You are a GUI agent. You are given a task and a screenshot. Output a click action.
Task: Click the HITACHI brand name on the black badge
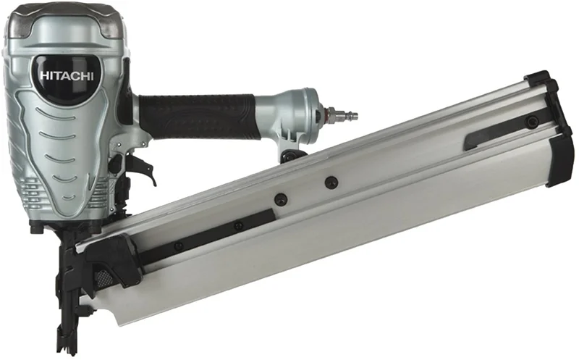[x=67, y=76]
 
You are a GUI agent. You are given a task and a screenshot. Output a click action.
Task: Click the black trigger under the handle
[x=142, y=168]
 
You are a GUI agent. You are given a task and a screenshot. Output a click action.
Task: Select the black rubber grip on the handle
[x=197, y=116]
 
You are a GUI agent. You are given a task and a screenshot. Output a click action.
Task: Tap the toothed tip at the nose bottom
[x=67, y=346]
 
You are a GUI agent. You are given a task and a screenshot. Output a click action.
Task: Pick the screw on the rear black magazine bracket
[x=532, y=121]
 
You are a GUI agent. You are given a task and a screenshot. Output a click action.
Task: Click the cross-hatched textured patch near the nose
[x=103, y=277]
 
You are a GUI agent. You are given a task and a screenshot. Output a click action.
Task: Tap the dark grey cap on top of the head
[x=67, y=22]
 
